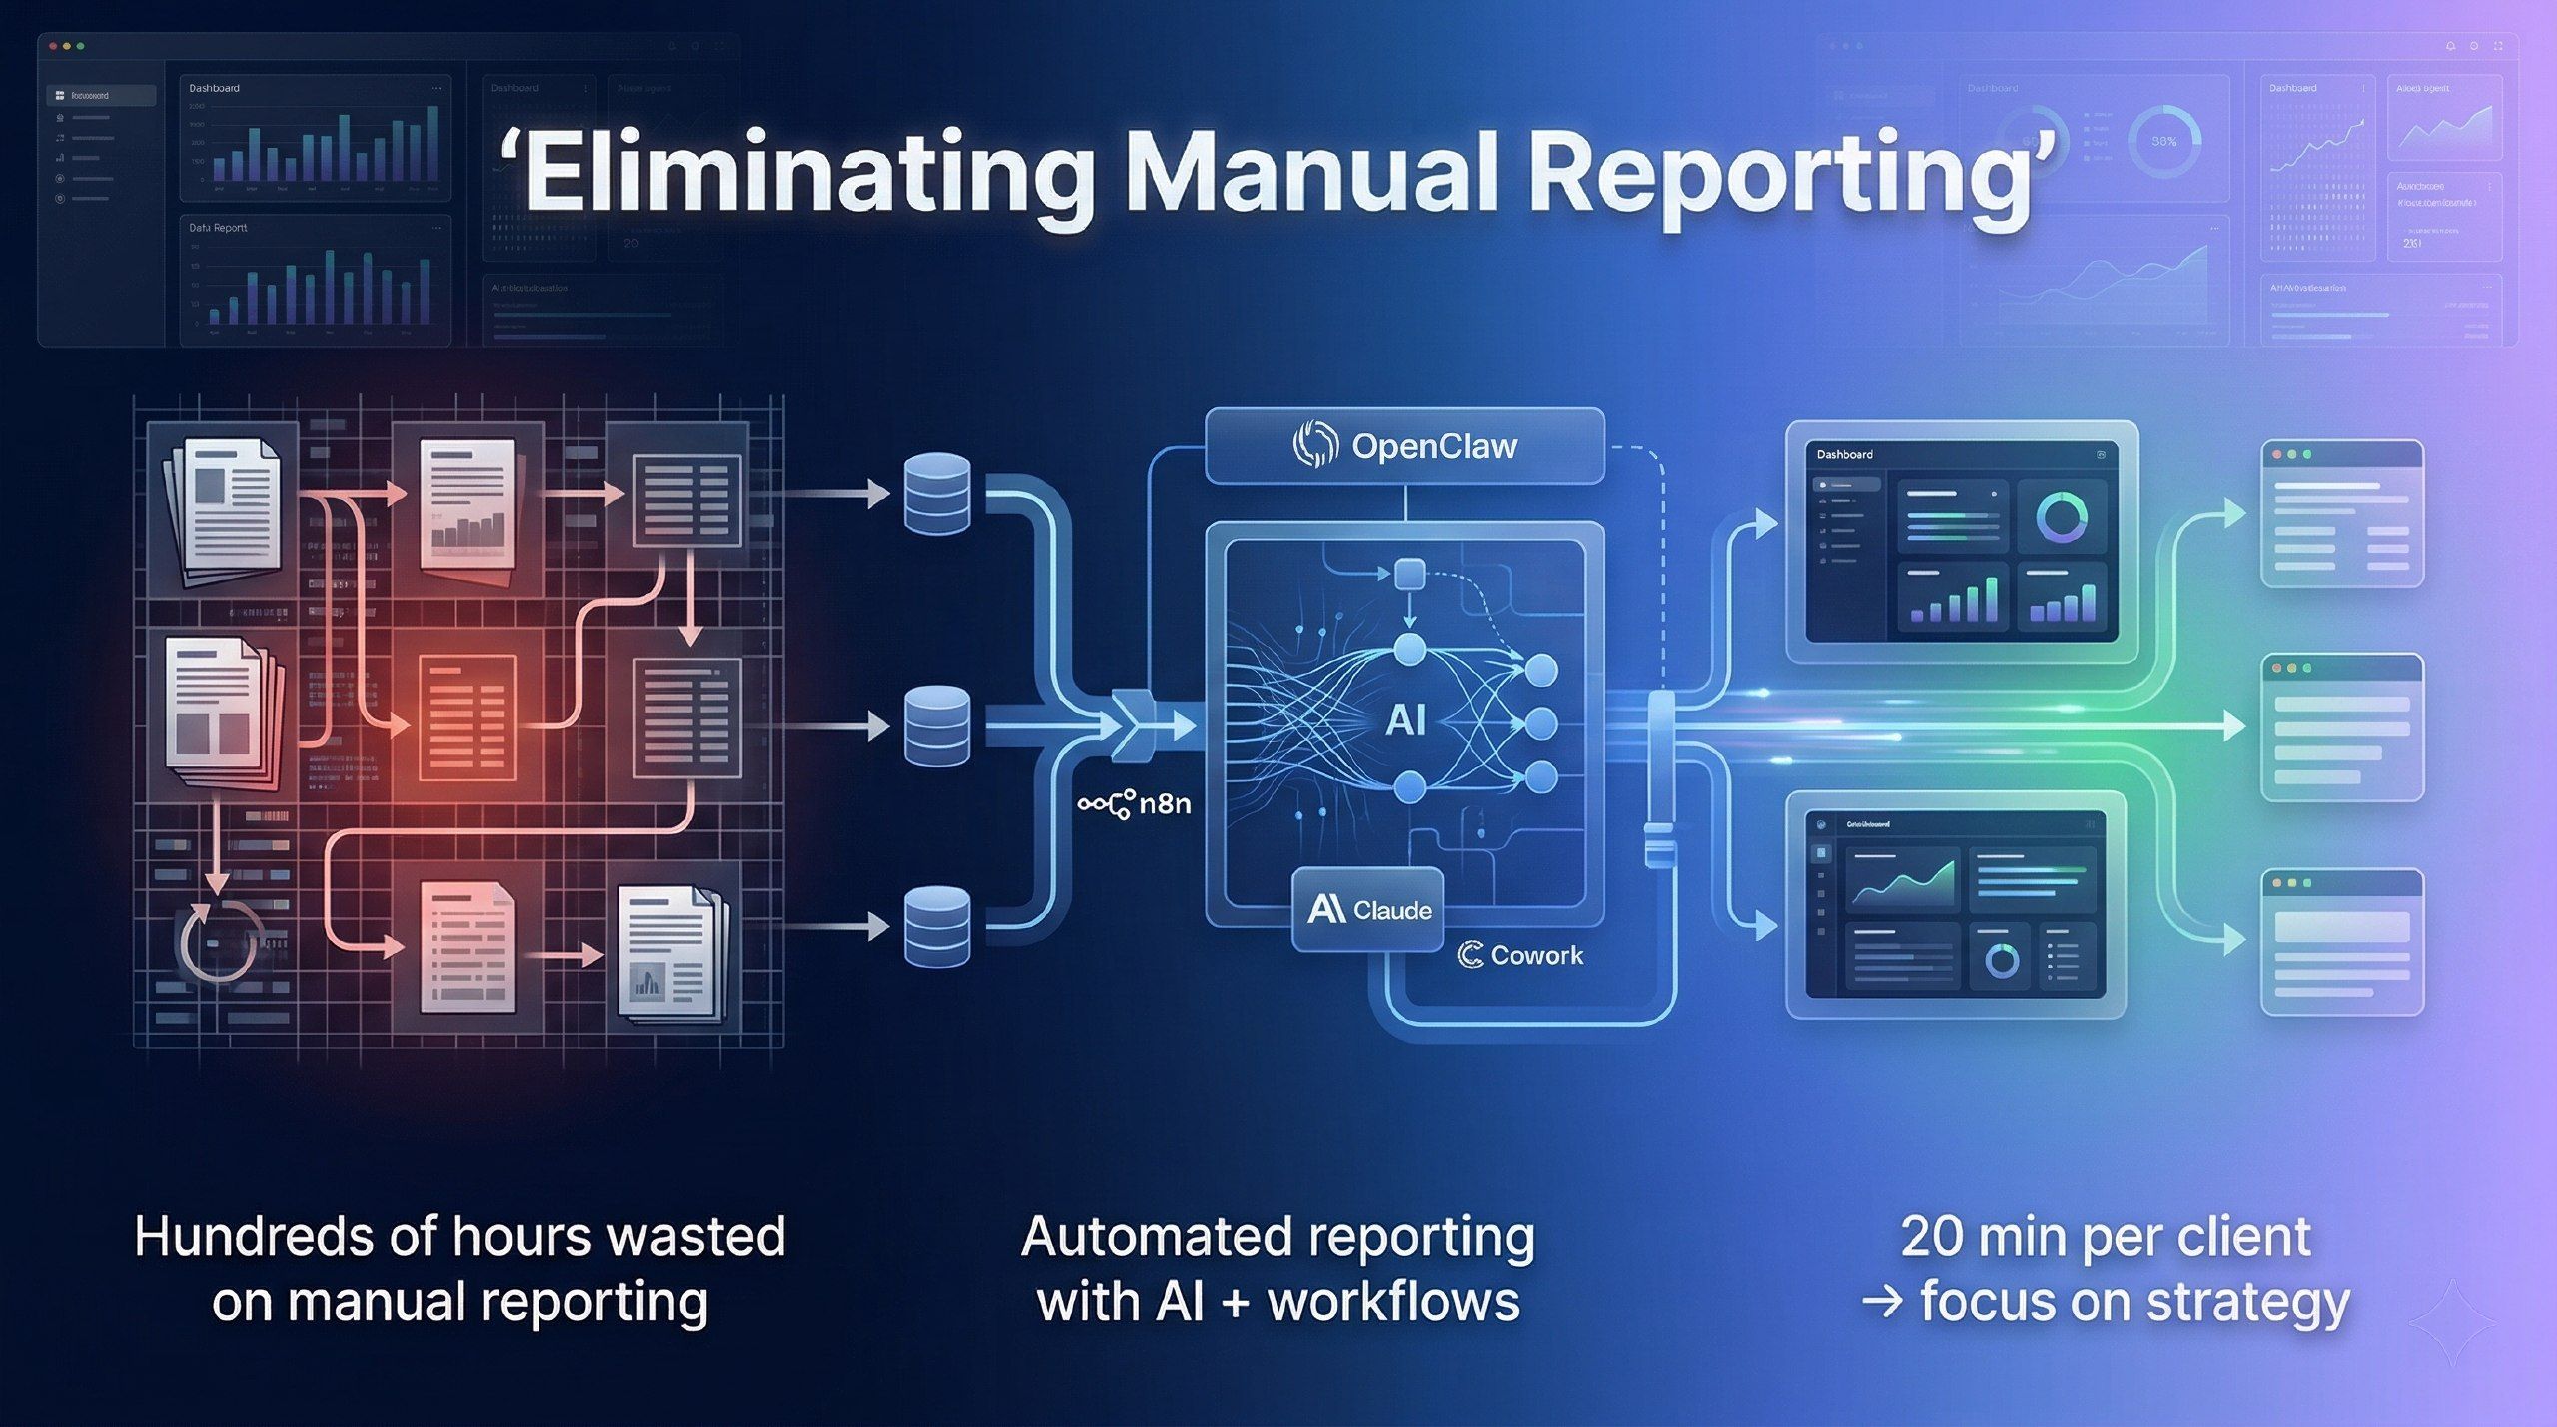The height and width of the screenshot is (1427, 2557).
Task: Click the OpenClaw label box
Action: coord(1404,446)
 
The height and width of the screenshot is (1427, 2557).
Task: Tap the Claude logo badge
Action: coord(1368,909)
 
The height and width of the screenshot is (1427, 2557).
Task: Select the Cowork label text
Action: coord(1535,956)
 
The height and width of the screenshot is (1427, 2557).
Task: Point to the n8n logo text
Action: coord(1164,803)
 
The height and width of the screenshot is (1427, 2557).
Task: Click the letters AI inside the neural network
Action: coord(1405,720)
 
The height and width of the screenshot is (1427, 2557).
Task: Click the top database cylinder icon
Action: coord(936,493)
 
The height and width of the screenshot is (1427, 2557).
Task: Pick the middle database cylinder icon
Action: coord(936,726)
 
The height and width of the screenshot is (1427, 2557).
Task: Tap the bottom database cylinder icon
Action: coord(936,926)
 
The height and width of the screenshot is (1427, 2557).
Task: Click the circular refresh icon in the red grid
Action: coord(220,941)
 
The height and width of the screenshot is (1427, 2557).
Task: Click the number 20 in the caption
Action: coord(1933,1237)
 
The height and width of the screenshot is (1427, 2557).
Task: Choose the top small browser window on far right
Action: coord(2341,513)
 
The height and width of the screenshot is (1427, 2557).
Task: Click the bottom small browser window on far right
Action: coord(2341,941)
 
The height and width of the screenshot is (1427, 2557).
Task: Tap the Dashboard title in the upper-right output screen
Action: coord(1844,455)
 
